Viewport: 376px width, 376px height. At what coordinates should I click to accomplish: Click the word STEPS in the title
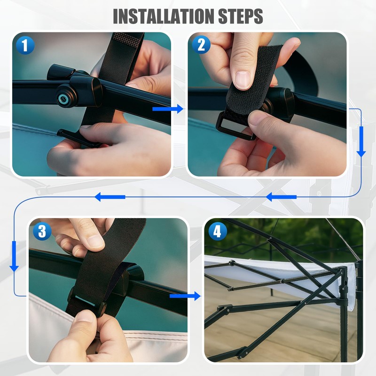pyautogui.click(x=241, y=16)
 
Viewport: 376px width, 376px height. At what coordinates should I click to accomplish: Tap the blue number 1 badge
pyautogui.click(x=25, y=45)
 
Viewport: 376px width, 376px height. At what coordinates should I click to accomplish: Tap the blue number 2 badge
pyautogui.click(x=201, y=44)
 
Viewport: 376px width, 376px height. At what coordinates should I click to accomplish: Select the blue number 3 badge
pyautogui.click(x=42, y=231)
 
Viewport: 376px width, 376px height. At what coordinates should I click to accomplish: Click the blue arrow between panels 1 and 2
pyautogui.click(x=168, y=109)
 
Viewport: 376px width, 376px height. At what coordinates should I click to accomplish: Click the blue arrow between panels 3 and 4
pyautogui.click(x=185, y=296)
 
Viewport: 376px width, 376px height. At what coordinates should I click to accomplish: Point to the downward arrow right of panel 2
pyautogui.click(x=361, y=142)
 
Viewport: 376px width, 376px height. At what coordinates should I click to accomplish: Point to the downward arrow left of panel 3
pyautogui.click(x=14, y=256)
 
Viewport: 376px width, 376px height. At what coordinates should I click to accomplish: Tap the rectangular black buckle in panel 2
pyautogui.click(x=234, y=126)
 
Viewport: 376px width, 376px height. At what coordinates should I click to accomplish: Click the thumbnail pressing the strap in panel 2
pyautogui.click(x=243, y=80)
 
